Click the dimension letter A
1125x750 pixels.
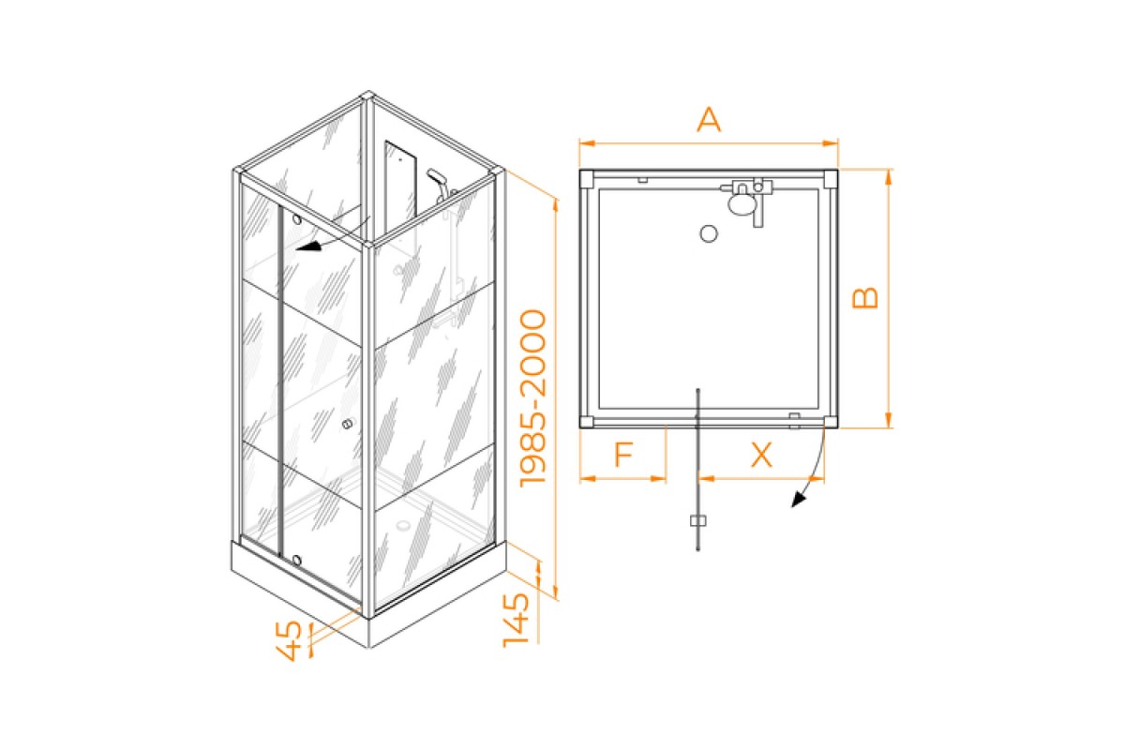(x=709, y=120)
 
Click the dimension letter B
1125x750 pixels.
(x=865, y=297)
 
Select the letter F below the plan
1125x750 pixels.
(x=624, y=454)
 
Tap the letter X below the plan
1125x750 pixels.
(x=761, y=455)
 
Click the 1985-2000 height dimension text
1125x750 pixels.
(x=532, y=398)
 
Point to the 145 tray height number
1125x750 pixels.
(x=517, y=620)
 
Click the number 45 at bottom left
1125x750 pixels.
(x=290, y=641)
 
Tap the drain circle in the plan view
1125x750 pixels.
(x=709, y=233)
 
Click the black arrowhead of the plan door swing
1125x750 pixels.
(x=798, y=500)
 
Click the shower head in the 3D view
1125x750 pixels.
(x=435, y=176)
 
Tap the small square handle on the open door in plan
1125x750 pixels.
(x=698, y=521)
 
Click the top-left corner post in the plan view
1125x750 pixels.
(x=587, y=178)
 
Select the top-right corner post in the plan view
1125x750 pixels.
(x=831, y=178)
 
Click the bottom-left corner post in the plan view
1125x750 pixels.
(x=587, y=422)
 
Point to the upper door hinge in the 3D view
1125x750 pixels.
(x=297, y=219)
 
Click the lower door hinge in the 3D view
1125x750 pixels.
(x=296, y=560)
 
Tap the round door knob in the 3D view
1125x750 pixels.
(x=347, y=425)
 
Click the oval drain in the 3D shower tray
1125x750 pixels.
(x=403, y=526)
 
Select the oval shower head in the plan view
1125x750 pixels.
(x=741, y=204)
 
